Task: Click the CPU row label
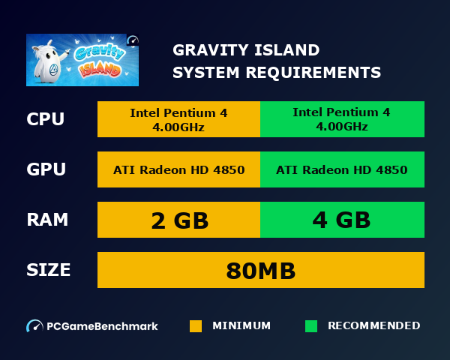coord(45,119)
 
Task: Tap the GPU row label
coord(46,169)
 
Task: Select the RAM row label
coord(47,220)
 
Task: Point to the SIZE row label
coord(49,270)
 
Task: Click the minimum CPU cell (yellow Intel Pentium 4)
coord(178,119)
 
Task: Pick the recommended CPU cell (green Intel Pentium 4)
coord(342,119)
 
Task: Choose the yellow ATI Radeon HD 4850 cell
coord(178,169)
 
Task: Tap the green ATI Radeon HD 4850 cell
coord(342,169)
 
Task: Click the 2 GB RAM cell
coord(178,220)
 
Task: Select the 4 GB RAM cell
coord(342,220)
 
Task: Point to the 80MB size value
coord(261,270)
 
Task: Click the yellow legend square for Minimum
coord(196,326)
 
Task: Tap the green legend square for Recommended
coord(311,326)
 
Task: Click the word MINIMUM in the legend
coord(241,326)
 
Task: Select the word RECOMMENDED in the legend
coord(374,326)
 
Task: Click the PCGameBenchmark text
coord(103,326)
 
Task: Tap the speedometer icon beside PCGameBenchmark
coord(34,326)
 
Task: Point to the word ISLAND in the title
coord(288,51)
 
